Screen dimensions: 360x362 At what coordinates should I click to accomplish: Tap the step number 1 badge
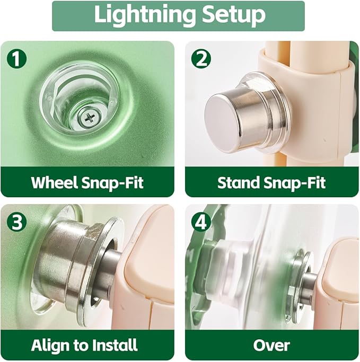[16, 59]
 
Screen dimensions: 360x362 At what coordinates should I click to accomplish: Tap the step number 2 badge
[201, 59]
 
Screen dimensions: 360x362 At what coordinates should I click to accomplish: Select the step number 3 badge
[16, 222]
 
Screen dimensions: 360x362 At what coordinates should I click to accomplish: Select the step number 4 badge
[201, 222]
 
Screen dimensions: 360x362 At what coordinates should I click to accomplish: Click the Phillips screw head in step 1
[90, 118]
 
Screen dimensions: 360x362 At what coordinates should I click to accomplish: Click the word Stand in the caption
[239, 182]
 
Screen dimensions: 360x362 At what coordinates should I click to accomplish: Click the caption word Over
[271, 346]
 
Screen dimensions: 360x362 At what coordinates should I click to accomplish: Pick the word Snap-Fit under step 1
[113, 182]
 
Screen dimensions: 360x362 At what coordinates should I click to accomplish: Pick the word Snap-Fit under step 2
[295, 182]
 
